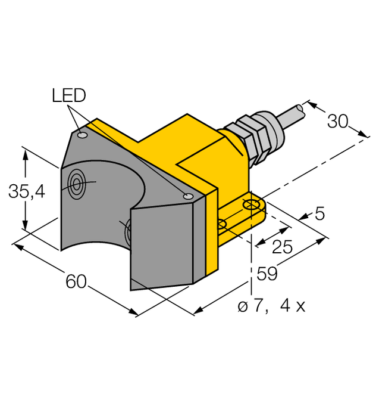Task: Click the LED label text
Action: (x=69, y=95)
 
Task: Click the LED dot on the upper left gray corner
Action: (x=83, y=137)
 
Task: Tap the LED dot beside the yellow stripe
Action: (x=189, y=197)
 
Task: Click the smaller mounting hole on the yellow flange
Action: (x=222, y=224)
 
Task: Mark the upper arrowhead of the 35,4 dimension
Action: (x=25, y=153)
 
